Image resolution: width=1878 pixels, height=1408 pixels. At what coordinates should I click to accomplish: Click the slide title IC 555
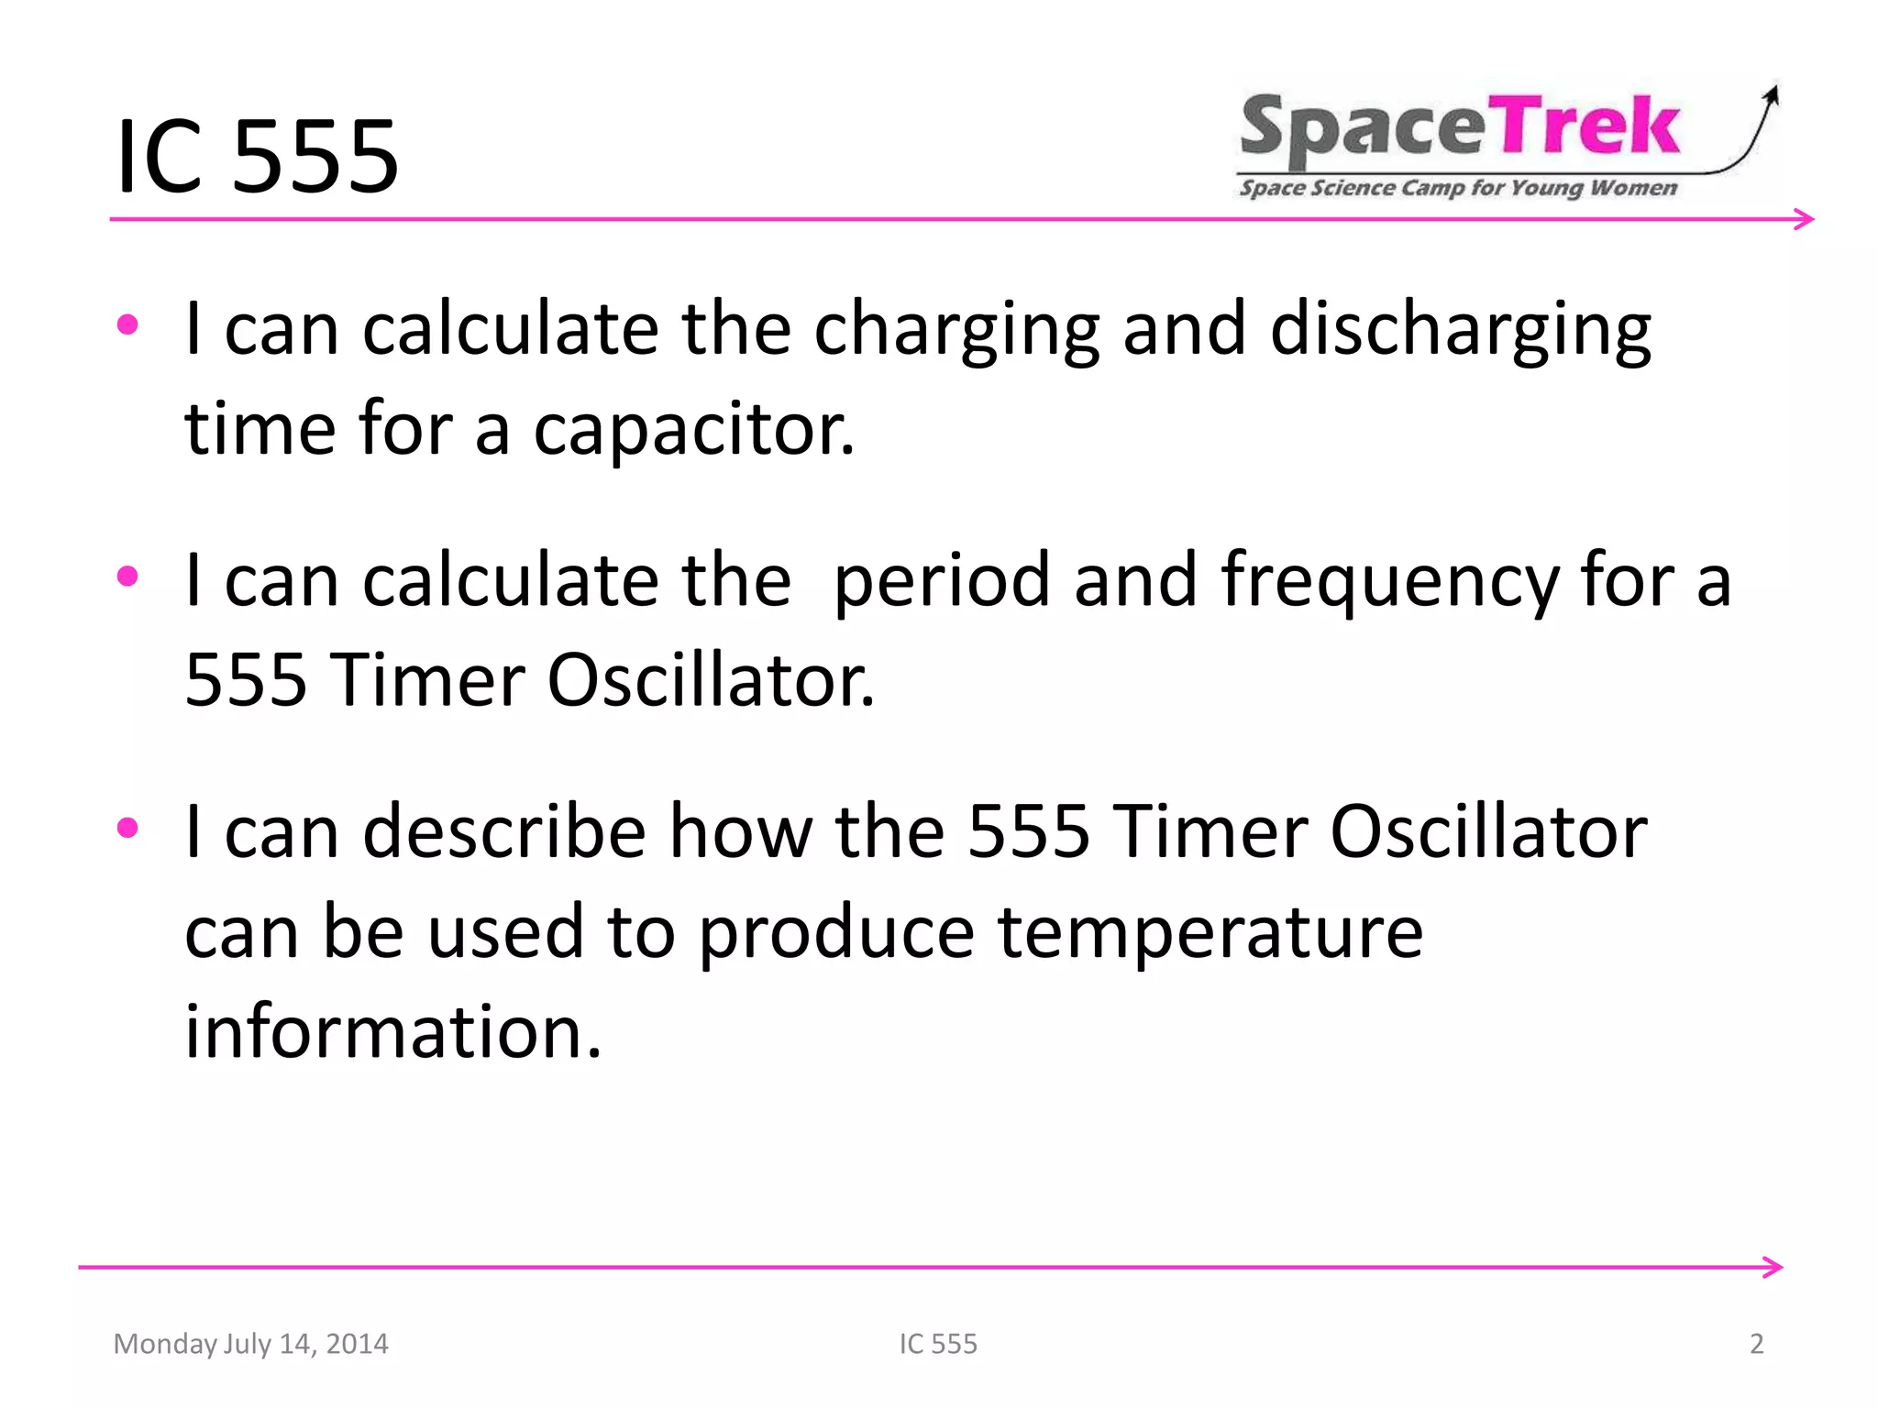[x=258, y=157]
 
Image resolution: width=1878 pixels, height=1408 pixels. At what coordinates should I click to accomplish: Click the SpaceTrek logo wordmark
[x=1460, y=129]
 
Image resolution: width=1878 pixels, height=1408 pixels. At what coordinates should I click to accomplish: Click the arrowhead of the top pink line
[x=1806, y=219]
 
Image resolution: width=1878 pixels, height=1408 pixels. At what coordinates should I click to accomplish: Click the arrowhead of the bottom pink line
[x=1773, y=1268]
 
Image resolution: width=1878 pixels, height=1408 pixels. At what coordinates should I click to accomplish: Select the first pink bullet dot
[x=127, y=324]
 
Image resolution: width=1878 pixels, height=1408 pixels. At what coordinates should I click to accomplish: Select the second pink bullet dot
[x=127, y=577]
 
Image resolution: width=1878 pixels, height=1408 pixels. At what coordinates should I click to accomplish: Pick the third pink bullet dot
[x=127, y=828]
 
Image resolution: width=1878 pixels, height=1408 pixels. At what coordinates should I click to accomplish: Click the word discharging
[x=1460, y=330]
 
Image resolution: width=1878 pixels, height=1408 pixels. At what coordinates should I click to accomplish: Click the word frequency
[x=1390, y=582]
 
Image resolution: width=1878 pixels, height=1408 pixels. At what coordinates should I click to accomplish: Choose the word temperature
[x=1210, y=932]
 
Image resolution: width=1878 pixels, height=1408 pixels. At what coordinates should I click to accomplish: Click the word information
[x=392, y=1031]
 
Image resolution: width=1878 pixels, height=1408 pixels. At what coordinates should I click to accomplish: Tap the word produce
[x=836, y=932]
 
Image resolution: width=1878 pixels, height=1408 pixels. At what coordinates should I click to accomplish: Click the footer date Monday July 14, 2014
[x=250, y=1344]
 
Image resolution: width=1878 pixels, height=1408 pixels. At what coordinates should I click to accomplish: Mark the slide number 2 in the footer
[x=1756, y=1344]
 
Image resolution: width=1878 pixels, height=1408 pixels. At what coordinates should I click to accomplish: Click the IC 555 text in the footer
[x=938, y=1344]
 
